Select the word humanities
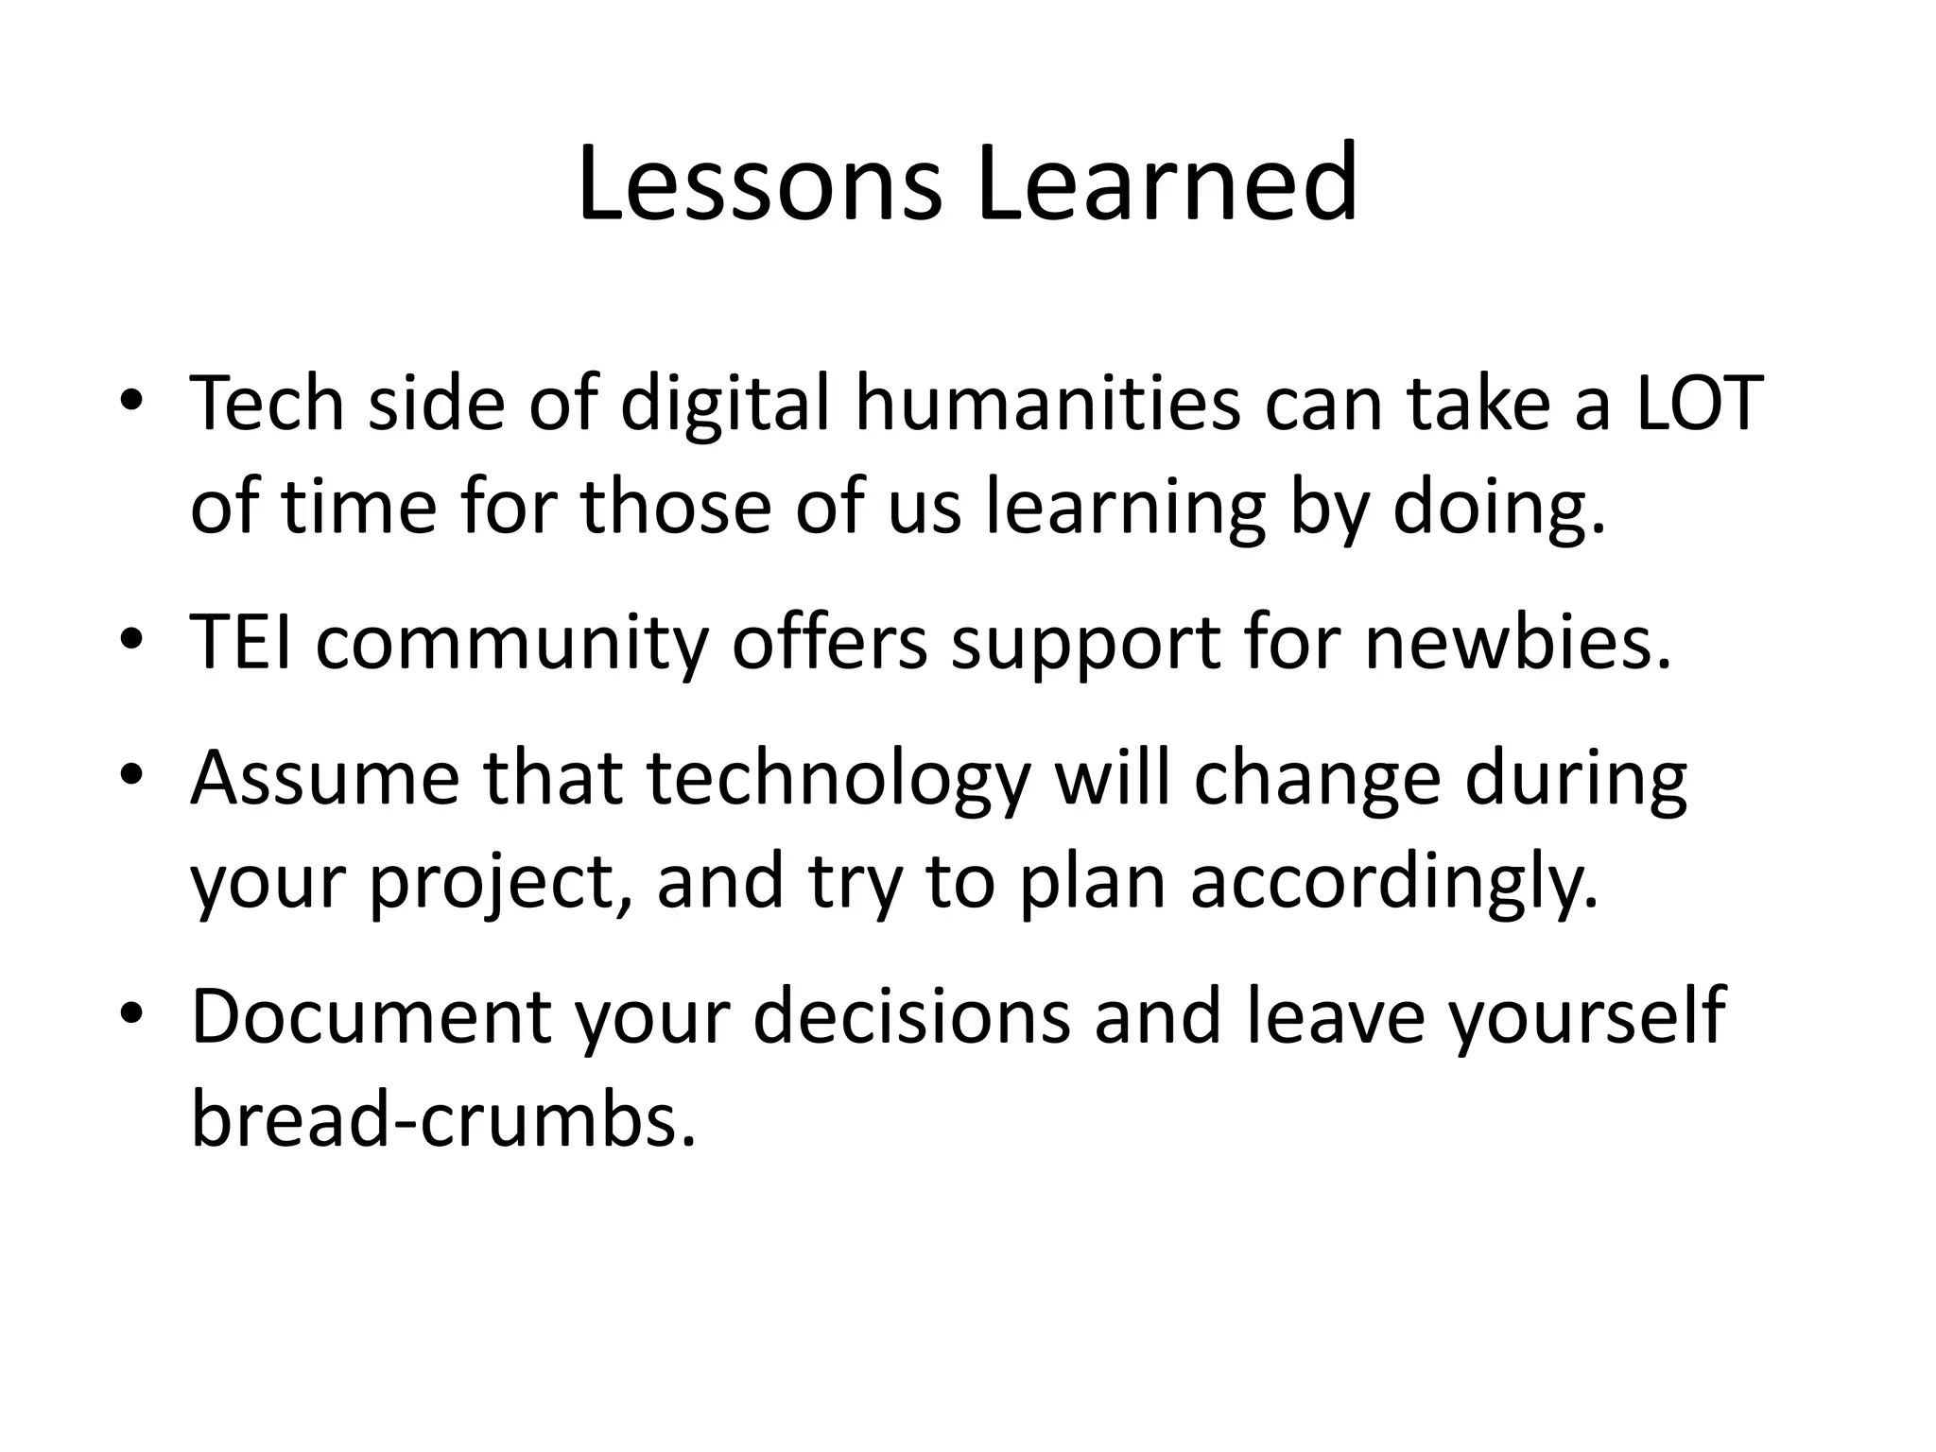(x=1047, y=404)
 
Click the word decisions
(x=911, y=1016)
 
